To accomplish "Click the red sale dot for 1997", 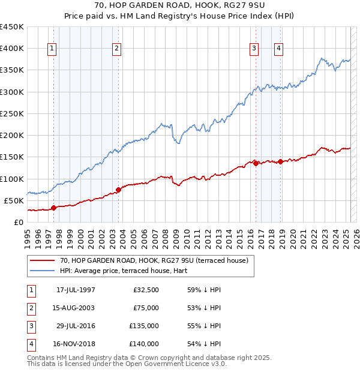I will pyautogui.click(x=53, y=208).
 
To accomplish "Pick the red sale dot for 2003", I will pyautogui.click(x=118, y=190).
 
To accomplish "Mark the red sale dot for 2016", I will pyautogui.click(x=256, y=163).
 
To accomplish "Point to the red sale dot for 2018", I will pyautogui.click(x=280, y=161).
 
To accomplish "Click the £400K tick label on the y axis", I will pyautogui.click(x=11, y=49).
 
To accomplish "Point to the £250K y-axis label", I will pyautogui.click(x=11, y=113).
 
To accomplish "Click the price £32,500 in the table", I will pyautogui.click(x=146, y=290).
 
